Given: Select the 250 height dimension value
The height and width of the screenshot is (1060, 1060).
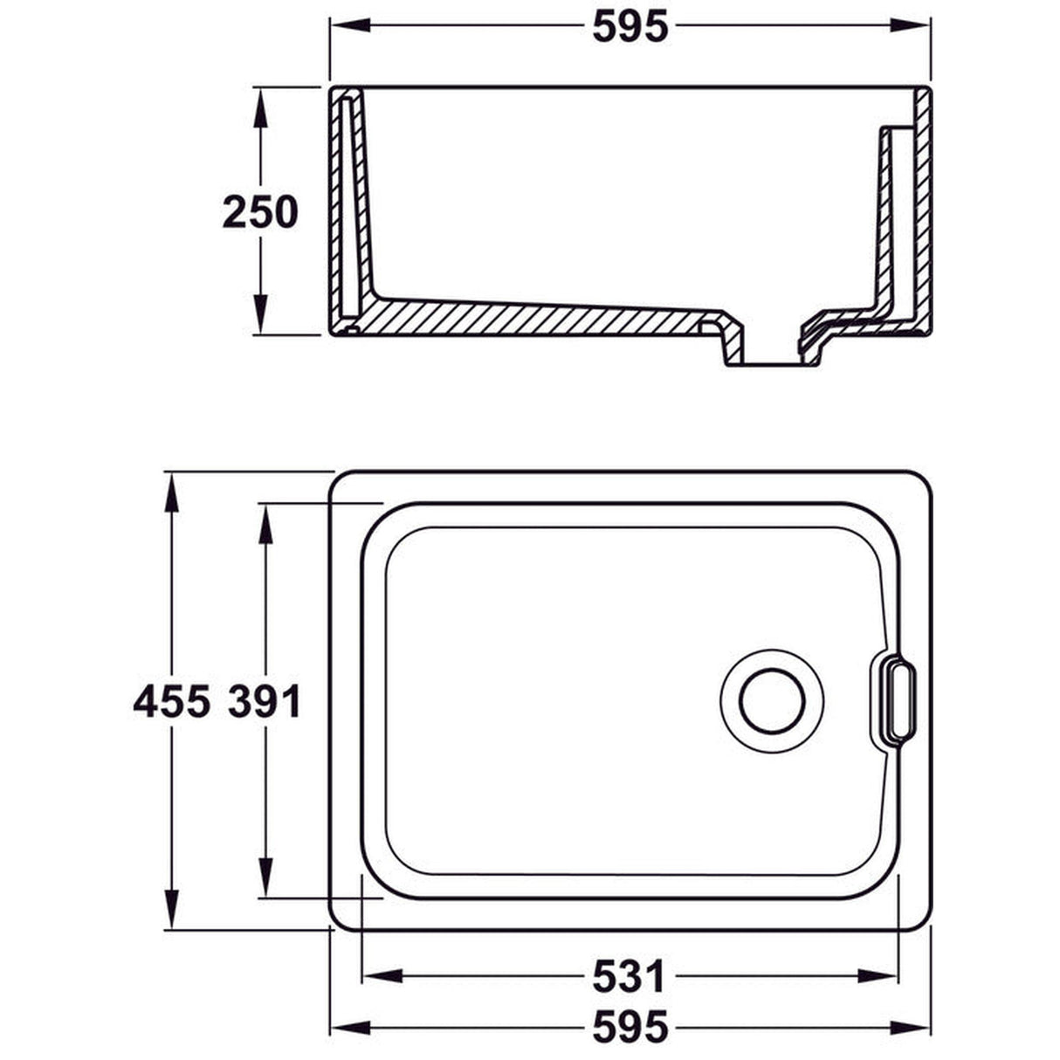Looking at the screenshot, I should coord(260,212).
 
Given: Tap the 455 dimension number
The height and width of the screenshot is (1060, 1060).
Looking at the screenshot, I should coord(171,701).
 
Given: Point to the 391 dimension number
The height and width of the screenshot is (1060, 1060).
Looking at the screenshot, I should coord(265,701).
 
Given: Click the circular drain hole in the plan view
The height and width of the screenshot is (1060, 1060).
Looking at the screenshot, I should coord(772,700).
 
